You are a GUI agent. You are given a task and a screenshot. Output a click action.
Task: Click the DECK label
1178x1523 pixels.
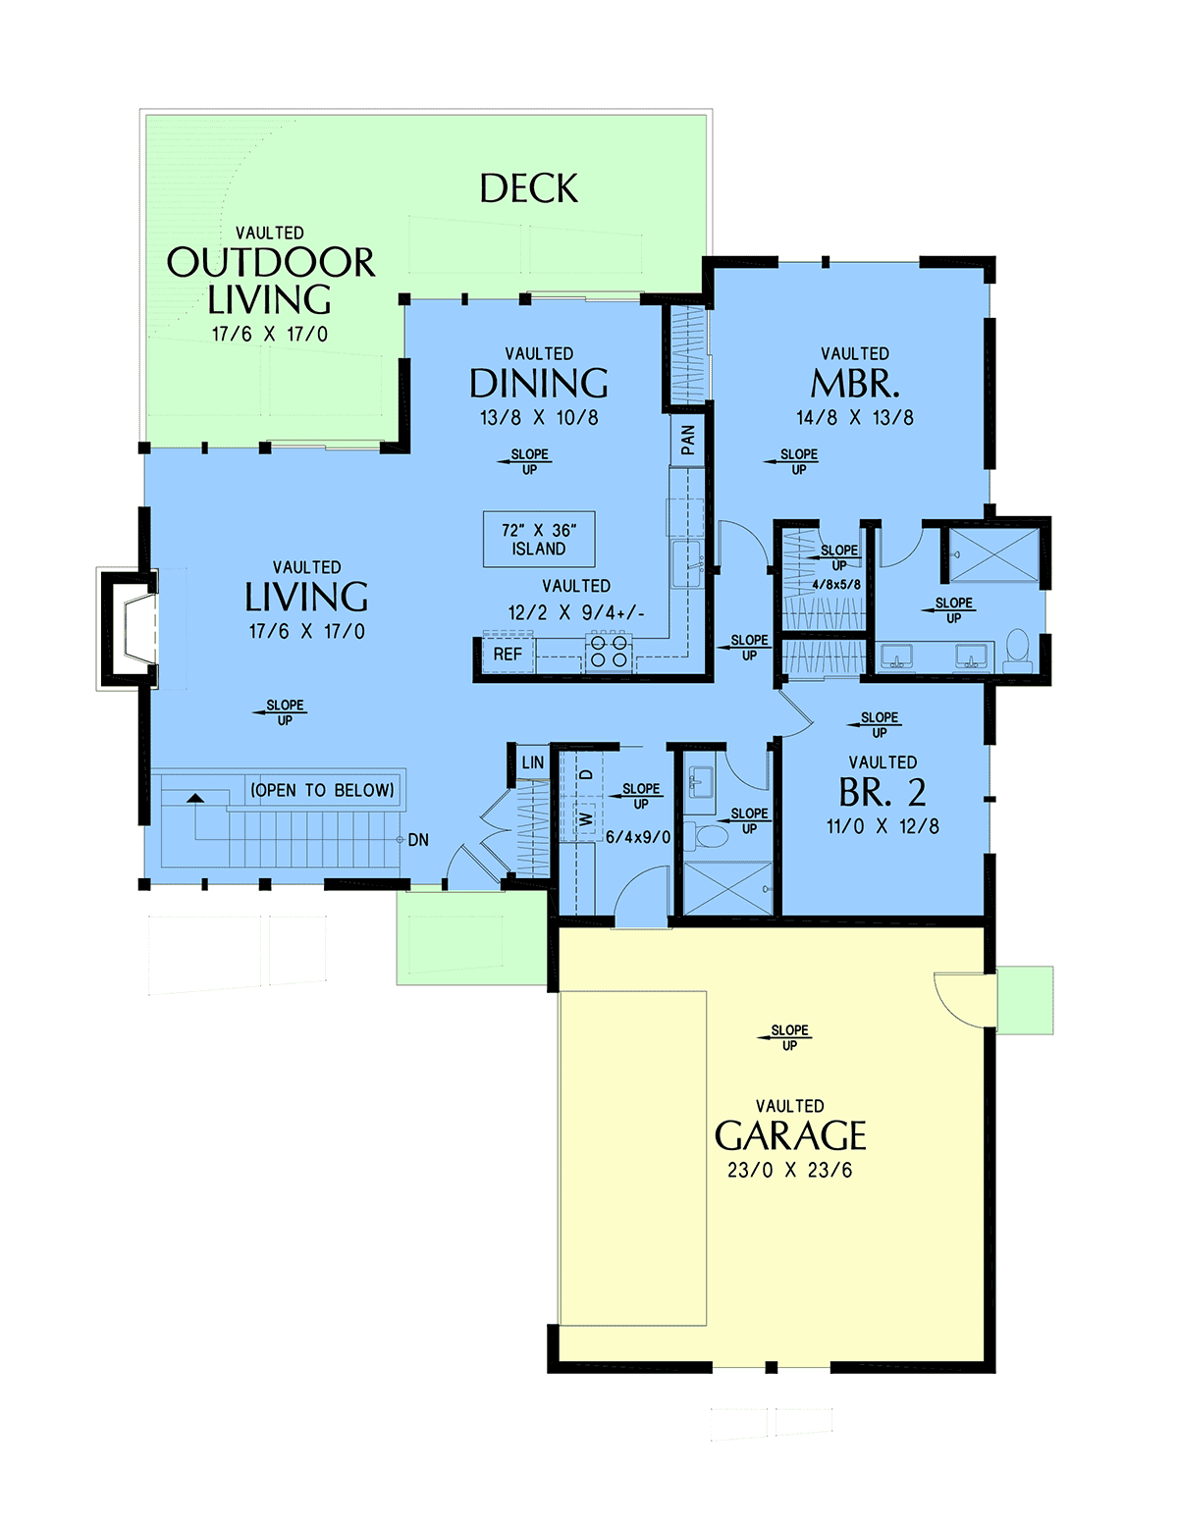click(x=528, y=187)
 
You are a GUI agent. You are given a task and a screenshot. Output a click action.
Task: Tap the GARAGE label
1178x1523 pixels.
click(x=790, y=1134)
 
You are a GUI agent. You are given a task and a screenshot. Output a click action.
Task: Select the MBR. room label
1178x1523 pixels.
click(x=854, y=384)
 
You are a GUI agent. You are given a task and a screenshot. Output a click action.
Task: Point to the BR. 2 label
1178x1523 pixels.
click(x=883, y=791)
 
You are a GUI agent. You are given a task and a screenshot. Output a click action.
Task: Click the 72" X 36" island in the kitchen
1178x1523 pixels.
click(x=539, y=539)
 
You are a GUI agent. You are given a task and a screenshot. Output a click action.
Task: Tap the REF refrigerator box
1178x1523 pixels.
click(x=508, y=654)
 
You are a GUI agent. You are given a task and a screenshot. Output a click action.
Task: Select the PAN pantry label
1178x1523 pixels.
click(x=687, y=440)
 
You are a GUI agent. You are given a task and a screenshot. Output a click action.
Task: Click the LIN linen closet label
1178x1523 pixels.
click(x=532, y=762)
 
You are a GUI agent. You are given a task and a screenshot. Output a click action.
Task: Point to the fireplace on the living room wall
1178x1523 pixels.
click(x=130, y=629)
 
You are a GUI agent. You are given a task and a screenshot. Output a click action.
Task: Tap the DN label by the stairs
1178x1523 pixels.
click(x=417, y=840)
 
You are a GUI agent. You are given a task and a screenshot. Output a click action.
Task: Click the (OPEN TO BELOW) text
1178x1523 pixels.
click(x=322, y=791)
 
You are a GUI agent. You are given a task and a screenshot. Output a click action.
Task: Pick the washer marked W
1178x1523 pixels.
click(x=587, y=817)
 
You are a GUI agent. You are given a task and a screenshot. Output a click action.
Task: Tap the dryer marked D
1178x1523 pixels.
click(x=588, y=773)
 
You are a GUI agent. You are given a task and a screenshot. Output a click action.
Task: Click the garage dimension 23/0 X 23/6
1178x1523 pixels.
click(x=790, y=1170)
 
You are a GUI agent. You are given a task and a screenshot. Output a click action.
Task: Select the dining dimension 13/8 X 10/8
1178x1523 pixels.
click(x=539, y=418)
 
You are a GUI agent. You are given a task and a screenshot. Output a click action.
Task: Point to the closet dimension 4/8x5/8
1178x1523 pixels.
click(x=836, y=584)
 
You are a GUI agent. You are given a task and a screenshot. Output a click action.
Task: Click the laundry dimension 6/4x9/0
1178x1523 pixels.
click(x=638, y=837)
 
